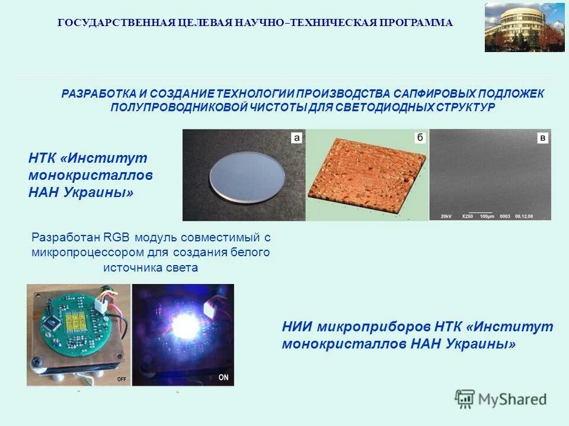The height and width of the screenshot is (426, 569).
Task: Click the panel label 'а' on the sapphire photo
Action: pyautogui.click(x=296, y=138)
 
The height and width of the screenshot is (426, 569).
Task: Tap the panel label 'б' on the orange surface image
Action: pyautogui.click(x=420, y=138)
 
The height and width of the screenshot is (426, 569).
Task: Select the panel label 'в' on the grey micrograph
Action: pyautogui.click(x=542, y=138)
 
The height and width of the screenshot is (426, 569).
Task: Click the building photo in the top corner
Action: pyautogui.click(x=525, y=27)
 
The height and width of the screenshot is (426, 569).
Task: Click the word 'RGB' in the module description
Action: pyautogui.click(x=118, y=238)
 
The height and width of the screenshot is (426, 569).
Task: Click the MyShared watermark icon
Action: pyautogui.click(x=465, y=399)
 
